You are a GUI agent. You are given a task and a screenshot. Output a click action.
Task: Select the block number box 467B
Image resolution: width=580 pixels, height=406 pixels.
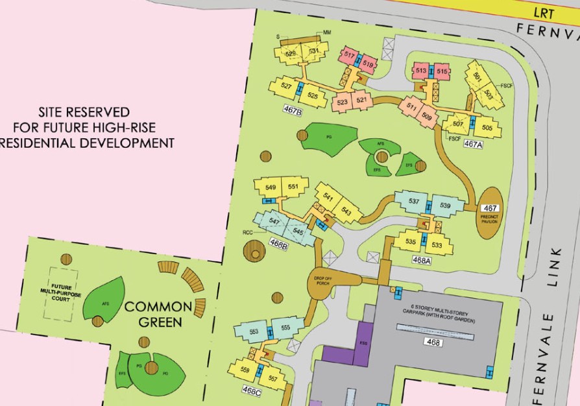pos(293,111)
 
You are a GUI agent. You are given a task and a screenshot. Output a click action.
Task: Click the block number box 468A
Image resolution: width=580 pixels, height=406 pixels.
pos(422,259)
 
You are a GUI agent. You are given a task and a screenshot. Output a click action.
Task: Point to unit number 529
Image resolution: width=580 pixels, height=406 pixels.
pos(291,54)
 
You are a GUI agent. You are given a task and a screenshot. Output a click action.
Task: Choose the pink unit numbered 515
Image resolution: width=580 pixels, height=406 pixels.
pos(442,71)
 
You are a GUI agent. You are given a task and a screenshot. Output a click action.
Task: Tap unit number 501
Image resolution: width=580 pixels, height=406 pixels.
pos(477,76)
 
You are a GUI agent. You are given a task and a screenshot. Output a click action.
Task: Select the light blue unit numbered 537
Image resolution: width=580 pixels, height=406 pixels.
pos(413,201)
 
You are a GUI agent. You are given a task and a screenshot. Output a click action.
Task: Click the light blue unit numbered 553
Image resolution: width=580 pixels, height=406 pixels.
pos(254,331)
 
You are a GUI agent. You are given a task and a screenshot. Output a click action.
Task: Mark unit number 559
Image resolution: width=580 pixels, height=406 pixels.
pos(245,370)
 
